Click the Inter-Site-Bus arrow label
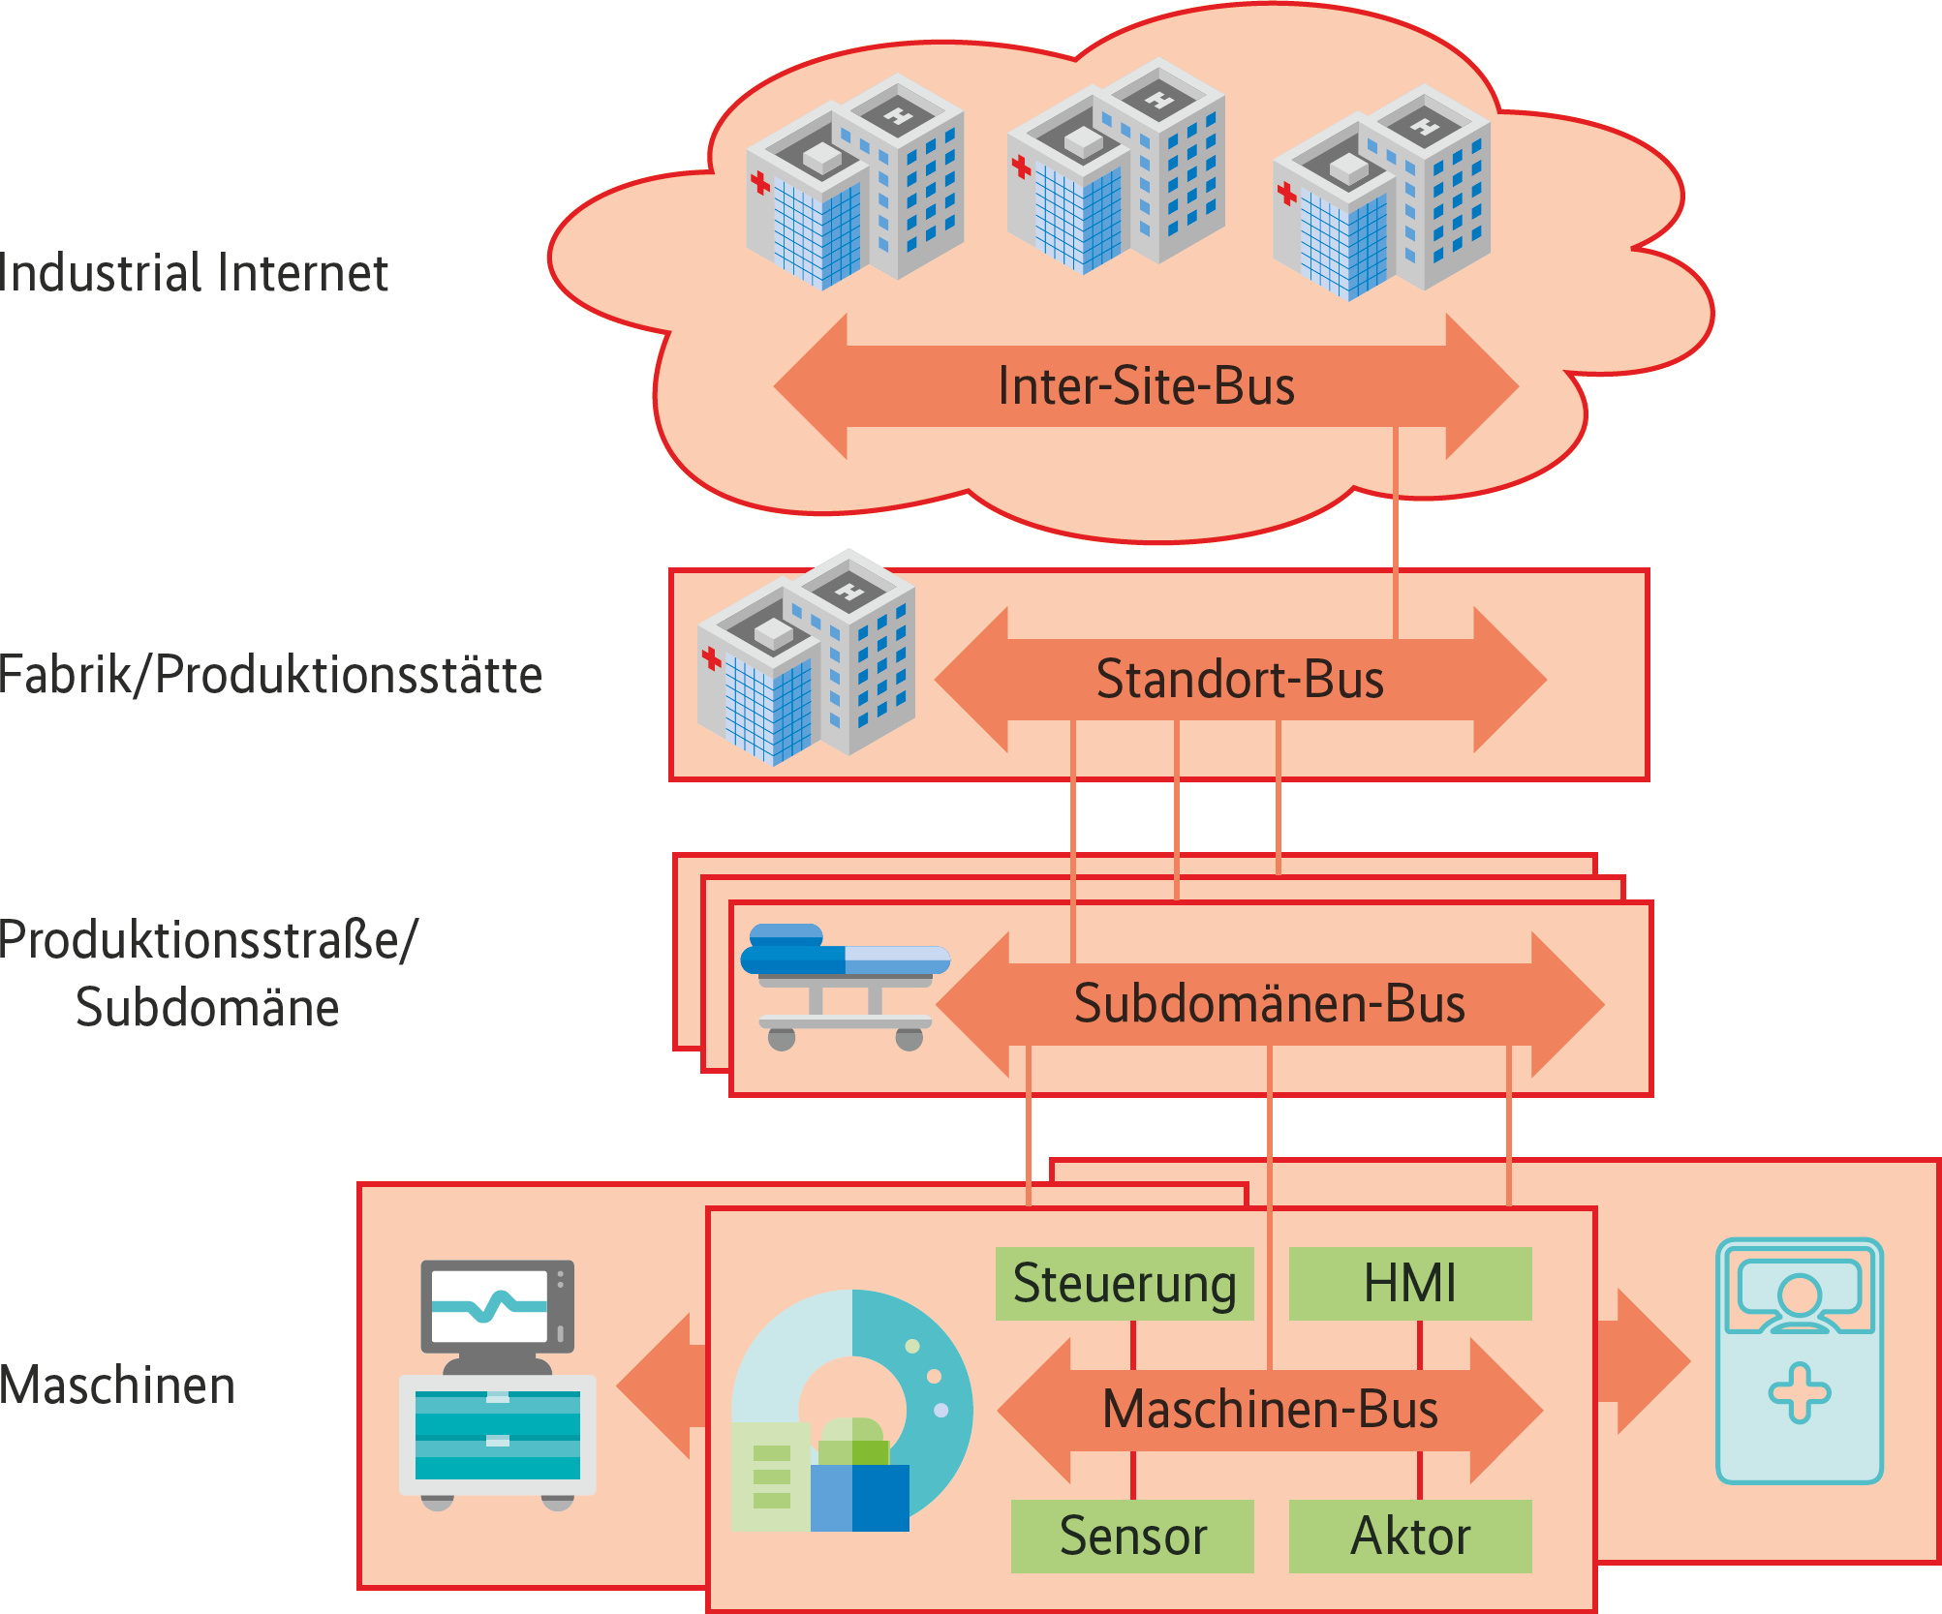click(x=1146, y=386)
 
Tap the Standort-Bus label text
click(x=1240, y=679)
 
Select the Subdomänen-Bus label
click(x=1269, y=1003)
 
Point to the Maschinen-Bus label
click(x=1270, y=1409)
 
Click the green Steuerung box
click(x=1125, y=1284)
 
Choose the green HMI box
click(x=1410, y=1284)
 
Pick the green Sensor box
click(x=1132, y=1536)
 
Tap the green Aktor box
click(x=1410, y=1536)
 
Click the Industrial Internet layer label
click(x=194, y=273)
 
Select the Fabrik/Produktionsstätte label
click(x=270, y=675)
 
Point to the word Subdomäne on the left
click(x=207, y=1008)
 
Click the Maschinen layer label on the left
click(x=117, y=1385)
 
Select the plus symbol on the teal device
click(x=1799, y=1393)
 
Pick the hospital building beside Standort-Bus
click(x=807, y=657)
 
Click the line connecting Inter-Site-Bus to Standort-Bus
click(x=1396, y=533)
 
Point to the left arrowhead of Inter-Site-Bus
click(x=810, y=386)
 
